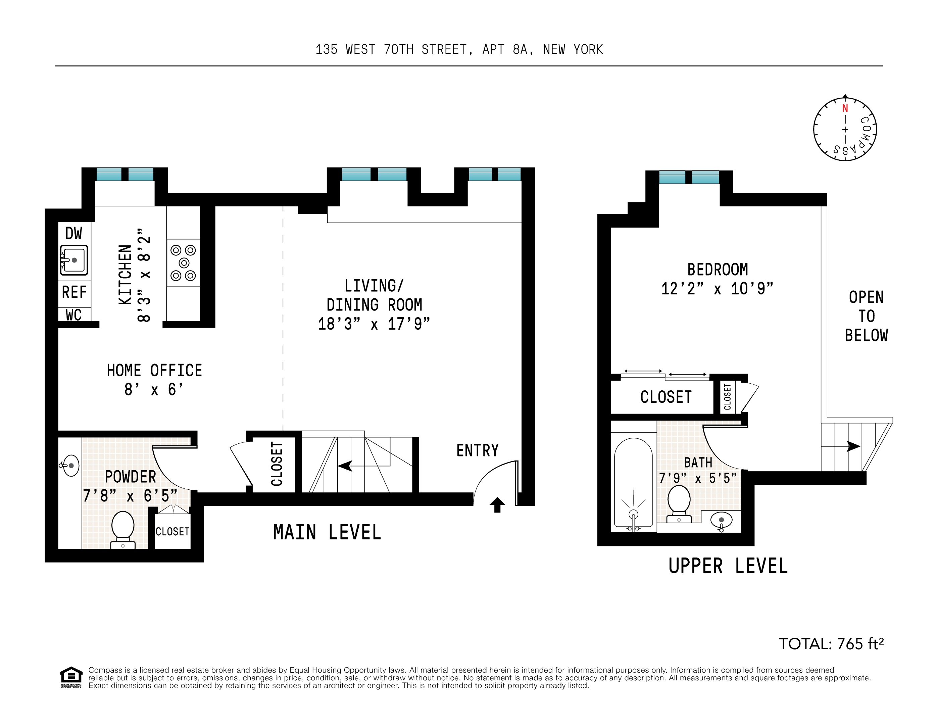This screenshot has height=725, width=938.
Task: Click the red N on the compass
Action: [x=845, y=108]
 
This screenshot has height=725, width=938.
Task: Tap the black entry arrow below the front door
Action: [x=497, y=505]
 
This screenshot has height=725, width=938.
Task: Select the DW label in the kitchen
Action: [x=73, y=234]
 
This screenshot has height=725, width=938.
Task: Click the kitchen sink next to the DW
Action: [x=74, y=260]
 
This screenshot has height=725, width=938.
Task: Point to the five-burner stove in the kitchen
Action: [x=183, y=262]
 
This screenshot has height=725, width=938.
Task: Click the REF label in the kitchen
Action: [x=74, y=292]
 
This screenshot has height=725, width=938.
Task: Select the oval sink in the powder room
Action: [x=71, y=466]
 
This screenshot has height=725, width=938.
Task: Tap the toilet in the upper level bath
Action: [x=679, y=503]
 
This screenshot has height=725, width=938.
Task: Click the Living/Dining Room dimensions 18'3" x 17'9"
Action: [x=374, y=324]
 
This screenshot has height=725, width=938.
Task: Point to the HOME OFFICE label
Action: [x=154, y=370]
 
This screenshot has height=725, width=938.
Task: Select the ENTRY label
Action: [x=477, y=450]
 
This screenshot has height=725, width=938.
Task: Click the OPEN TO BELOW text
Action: [x=866, y=316]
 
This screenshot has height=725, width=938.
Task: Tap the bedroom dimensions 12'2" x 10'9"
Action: [x=717, y=289]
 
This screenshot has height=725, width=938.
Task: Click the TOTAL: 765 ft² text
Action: [x=831, y=644]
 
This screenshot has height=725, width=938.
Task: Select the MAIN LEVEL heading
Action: [x=327, y=533]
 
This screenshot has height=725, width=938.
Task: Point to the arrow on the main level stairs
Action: [x=345, y=466]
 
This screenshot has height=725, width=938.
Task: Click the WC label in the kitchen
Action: [x=73, y=315]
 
